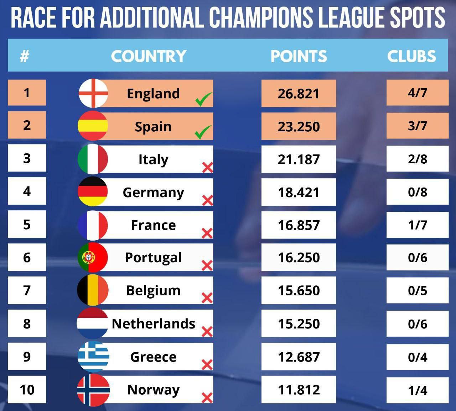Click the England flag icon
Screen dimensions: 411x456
(x=93, y=93)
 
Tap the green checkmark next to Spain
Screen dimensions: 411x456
(x=203, y=132)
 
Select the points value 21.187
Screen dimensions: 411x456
(x=299, y=159)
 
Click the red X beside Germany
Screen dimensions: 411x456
(x=207, y=200)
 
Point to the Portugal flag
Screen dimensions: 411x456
(x=93, y=257)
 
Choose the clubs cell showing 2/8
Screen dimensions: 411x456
(x=417, y=159)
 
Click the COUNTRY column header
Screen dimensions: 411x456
(x=149, y=56)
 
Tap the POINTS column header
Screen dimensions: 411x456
(x=299, y=56)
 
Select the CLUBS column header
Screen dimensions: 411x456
(x=411, y=56)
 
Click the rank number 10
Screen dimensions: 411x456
(x=27, y=390)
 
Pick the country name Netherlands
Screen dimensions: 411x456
(x=153, y=324)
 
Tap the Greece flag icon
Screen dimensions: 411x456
(x=93, y=357)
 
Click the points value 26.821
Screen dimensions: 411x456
(x=299, y=94)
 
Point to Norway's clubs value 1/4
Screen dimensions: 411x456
(x=417, y=390)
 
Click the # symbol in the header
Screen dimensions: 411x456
(x=24, y=56)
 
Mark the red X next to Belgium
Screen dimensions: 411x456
(x=207, y=298)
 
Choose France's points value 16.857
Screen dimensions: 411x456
(x=299, y=225)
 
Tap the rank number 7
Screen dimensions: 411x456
(x=27, y=290)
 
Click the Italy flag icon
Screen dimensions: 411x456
(x=93, y=159)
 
